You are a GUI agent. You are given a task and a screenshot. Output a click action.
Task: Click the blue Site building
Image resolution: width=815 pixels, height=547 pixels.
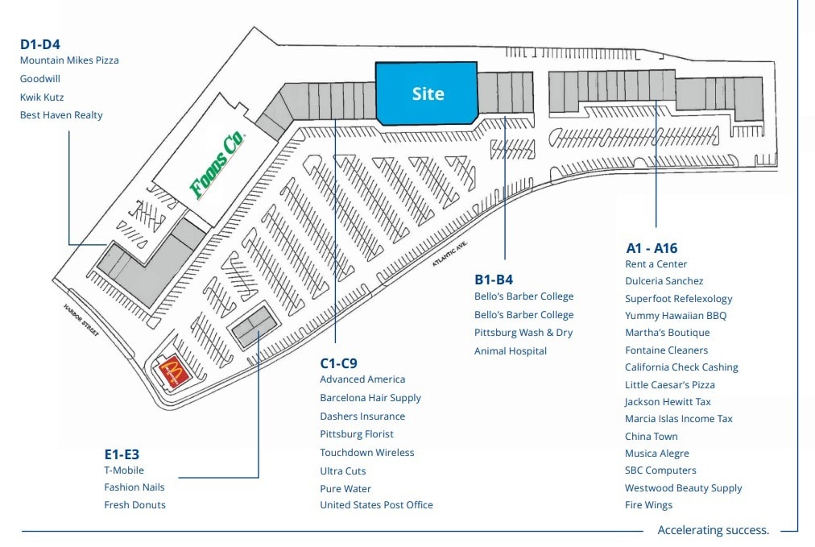pos(427,94)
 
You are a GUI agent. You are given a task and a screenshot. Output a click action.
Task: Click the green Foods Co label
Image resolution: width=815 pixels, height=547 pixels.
pos(217,165)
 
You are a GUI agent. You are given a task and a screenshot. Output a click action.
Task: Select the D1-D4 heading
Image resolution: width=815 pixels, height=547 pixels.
pos(40,44)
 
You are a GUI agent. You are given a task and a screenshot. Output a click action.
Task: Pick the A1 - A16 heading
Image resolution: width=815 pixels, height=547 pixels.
pos(652,248)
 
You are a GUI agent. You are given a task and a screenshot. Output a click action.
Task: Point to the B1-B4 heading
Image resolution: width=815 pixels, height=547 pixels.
pos(494,280)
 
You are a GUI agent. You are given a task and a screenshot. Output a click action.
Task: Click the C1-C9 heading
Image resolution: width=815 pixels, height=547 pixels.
pos(338,363)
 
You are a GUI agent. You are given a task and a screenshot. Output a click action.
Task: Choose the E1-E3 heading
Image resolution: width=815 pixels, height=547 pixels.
pos(122,454)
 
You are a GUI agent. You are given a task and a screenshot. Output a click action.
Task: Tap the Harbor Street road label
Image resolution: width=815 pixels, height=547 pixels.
pos(81,320)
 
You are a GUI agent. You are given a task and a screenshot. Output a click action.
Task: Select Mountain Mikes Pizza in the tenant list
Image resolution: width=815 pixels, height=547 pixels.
pos(69,60)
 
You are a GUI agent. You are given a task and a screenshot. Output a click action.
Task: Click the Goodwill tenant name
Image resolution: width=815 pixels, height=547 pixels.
pos(40,79)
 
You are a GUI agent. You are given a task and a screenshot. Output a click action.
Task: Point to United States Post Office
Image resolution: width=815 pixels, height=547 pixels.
pos(376,505)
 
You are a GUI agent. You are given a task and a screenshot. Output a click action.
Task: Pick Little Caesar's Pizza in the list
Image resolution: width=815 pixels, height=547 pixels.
pos(669,384)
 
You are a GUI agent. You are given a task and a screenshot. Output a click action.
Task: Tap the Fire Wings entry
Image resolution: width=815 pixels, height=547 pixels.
pos(648,505)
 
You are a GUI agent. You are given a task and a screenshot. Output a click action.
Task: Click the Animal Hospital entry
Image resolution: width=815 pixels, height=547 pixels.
pos(511,350)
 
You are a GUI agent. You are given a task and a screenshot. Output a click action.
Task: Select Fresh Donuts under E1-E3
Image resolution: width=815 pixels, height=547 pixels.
pos(134,505)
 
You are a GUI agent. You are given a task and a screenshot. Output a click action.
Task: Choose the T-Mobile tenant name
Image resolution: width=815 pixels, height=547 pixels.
pos(124,470)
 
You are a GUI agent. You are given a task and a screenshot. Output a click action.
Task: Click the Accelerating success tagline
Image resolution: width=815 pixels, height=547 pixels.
pos(713,530)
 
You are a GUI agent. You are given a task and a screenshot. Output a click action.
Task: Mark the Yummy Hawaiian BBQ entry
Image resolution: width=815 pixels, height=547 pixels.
pos(675,316)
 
